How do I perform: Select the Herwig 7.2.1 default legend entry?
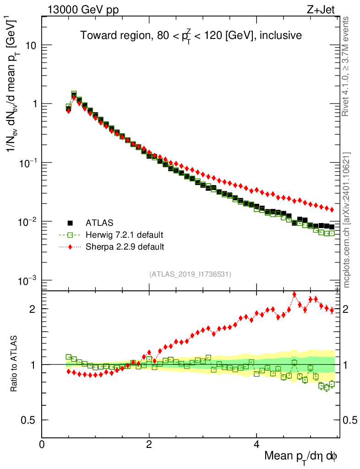124,235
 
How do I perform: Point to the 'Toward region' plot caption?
191,36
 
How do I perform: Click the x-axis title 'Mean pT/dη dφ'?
301,456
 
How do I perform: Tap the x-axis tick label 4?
256,444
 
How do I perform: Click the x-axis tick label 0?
42,444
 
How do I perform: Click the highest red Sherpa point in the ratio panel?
294,294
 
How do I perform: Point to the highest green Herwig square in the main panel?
74,94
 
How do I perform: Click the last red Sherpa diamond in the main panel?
332,210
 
